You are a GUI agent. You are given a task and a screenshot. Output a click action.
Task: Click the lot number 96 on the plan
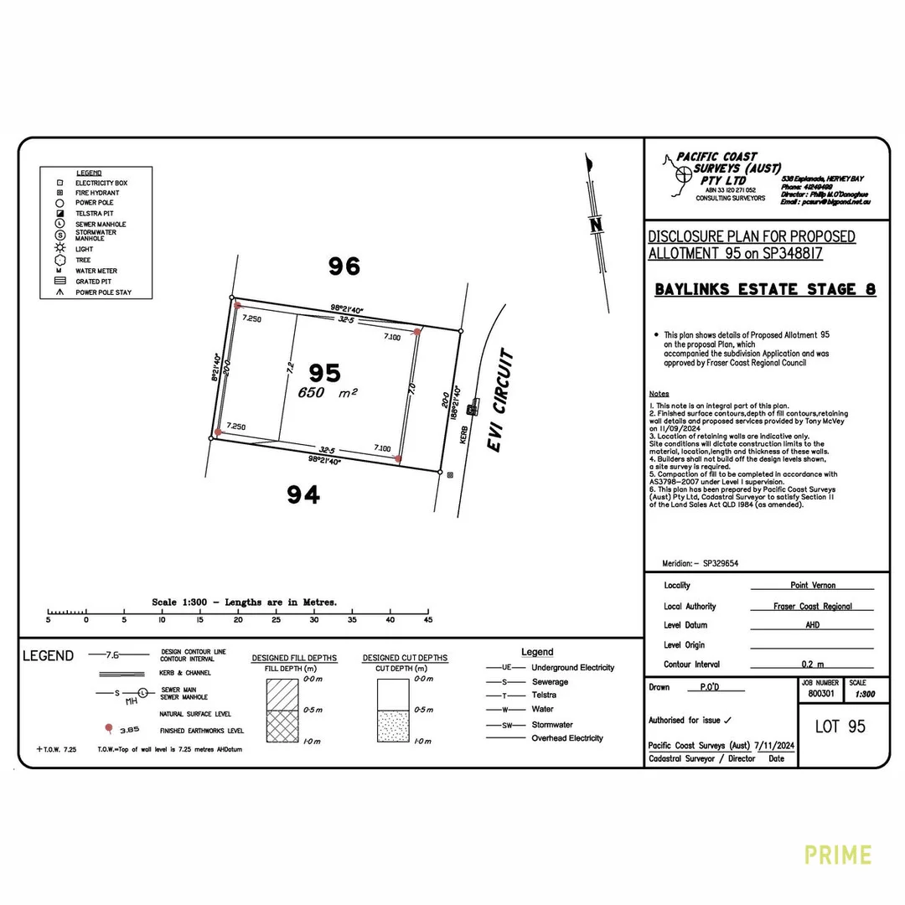(344, 266)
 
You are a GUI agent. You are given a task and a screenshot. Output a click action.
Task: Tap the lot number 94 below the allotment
(303, 495)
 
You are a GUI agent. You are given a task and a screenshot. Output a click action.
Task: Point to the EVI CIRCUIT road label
(500, 402)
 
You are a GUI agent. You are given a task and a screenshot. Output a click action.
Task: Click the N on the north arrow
(596, 225)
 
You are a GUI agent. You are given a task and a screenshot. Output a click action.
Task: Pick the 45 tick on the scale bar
(427, 619)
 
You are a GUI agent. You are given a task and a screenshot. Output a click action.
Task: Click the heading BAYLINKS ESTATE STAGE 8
(765, 290)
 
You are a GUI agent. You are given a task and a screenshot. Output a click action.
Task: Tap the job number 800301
(821, 694)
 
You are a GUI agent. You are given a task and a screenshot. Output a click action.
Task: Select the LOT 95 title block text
(840, 726)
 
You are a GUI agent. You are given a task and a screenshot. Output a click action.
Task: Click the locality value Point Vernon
(812, 586)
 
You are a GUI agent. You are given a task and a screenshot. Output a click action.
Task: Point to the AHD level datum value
(811, 625)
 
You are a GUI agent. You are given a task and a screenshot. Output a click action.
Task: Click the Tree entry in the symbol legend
(83, 260)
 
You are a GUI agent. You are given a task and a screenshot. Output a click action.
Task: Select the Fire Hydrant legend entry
(97, 193)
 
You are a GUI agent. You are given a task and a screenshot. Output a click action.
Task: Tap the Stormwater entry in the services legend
(552, 724)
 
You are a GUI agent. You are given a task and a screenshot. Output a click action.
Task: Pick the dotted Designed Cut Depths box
(391, 725)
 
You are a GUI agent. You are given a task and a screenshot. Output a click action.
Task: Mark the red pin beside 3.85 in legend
(108, 729)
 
